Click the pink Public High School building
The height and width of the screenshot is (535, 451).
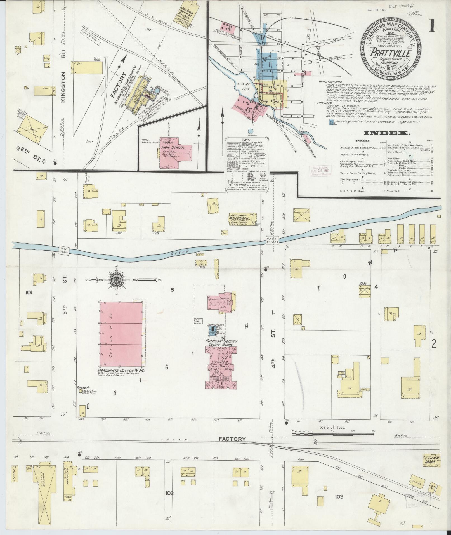tap(175, 152)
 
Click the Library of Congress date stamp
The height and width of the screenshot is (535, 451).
tap(321, 170)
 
